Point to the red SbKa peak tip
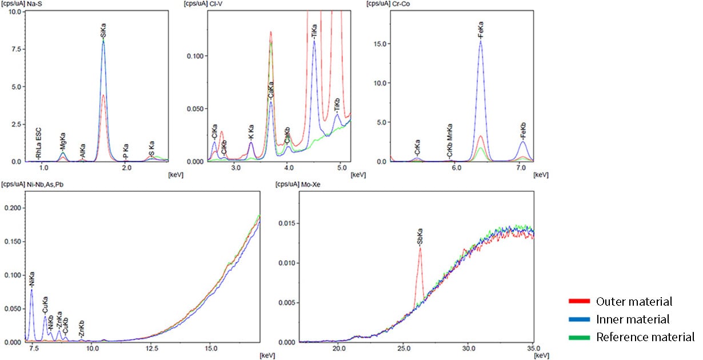(420, 248)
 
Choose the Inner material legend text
(632, 319)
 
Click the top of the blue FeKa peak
(481, 41)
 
